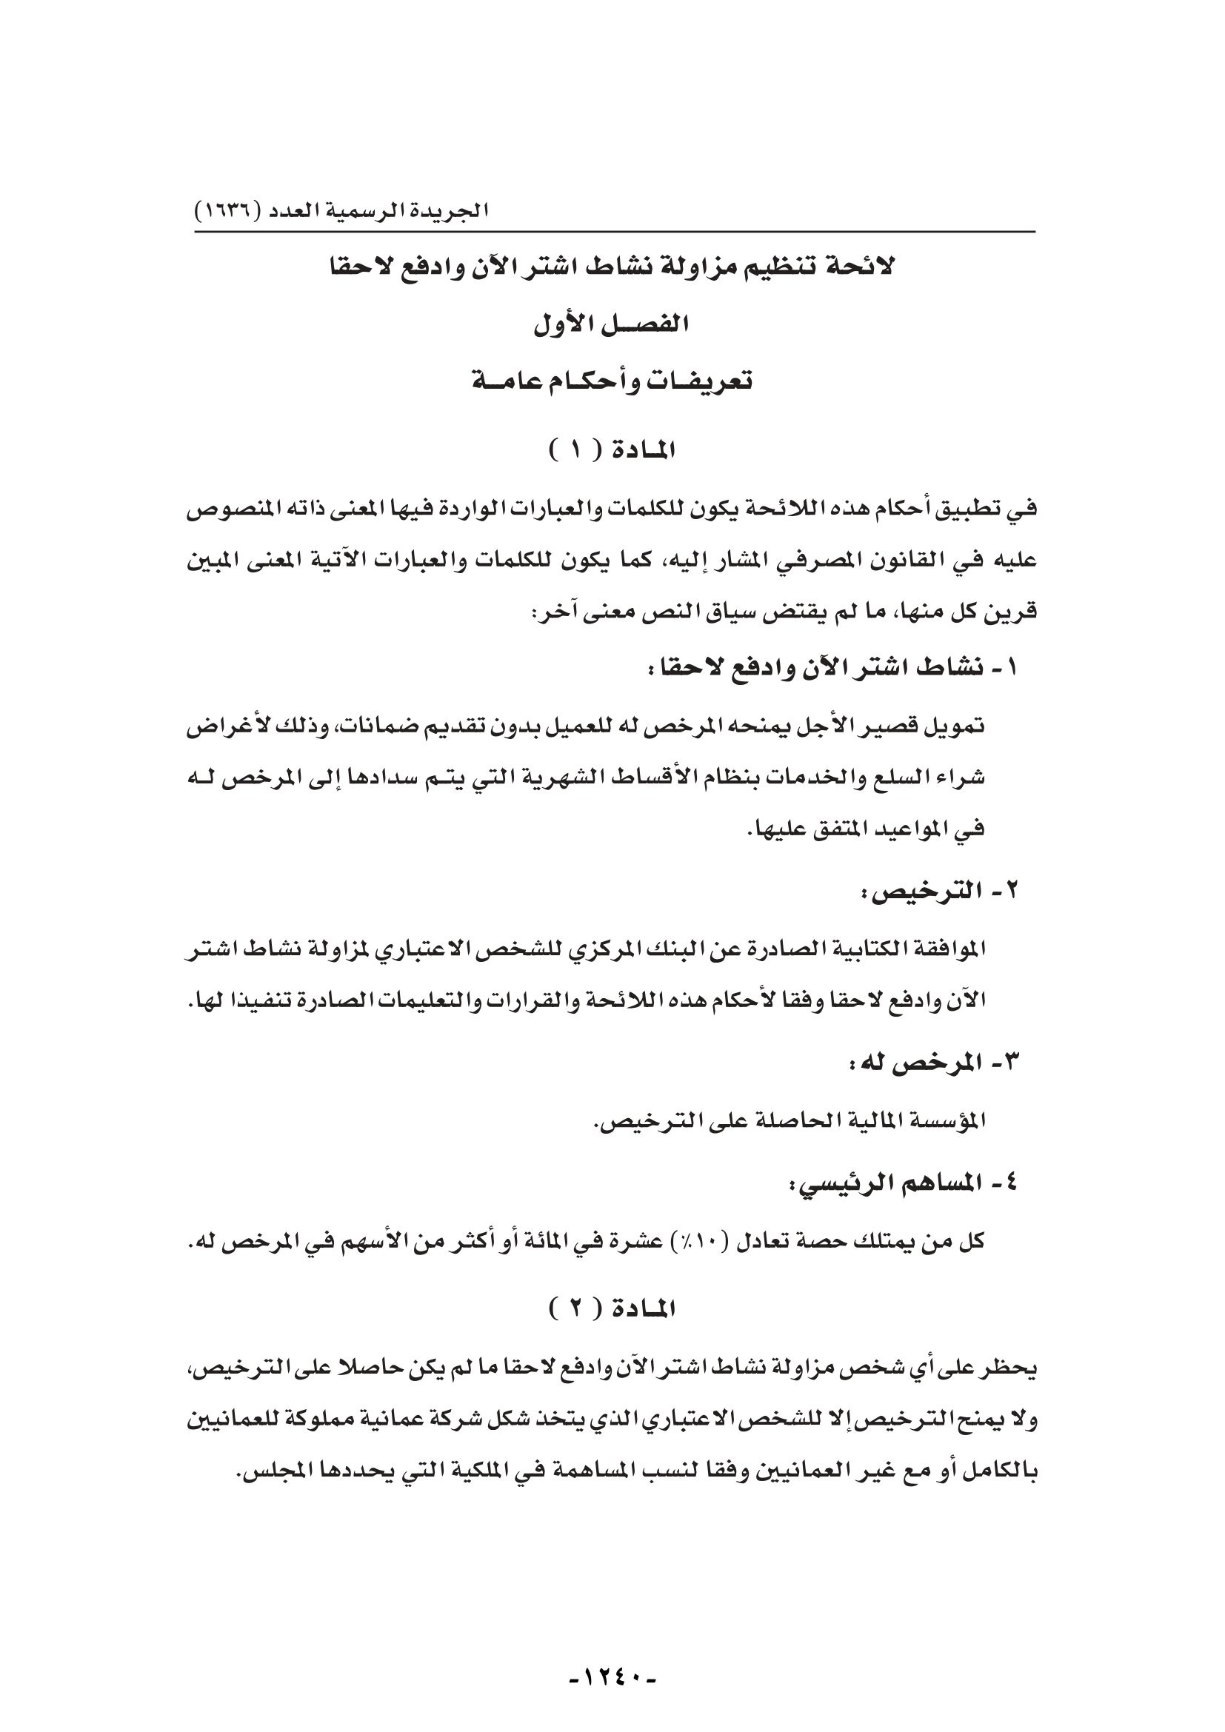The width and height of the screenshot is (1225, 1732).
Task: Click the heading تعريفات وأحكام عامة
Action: [x=612, y=381]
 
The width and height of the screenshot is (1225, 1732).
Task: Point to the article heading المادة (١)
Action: [x=612, y=451]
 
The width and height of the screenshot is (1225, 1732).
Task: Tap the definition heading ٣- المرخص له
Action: [x=932, y=1063]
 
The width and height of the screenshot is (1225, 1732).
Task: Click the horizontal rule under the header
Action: [x=615, y=232]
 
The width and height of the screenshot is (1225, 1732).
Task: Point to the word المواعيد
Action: [x=898, y=829]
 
